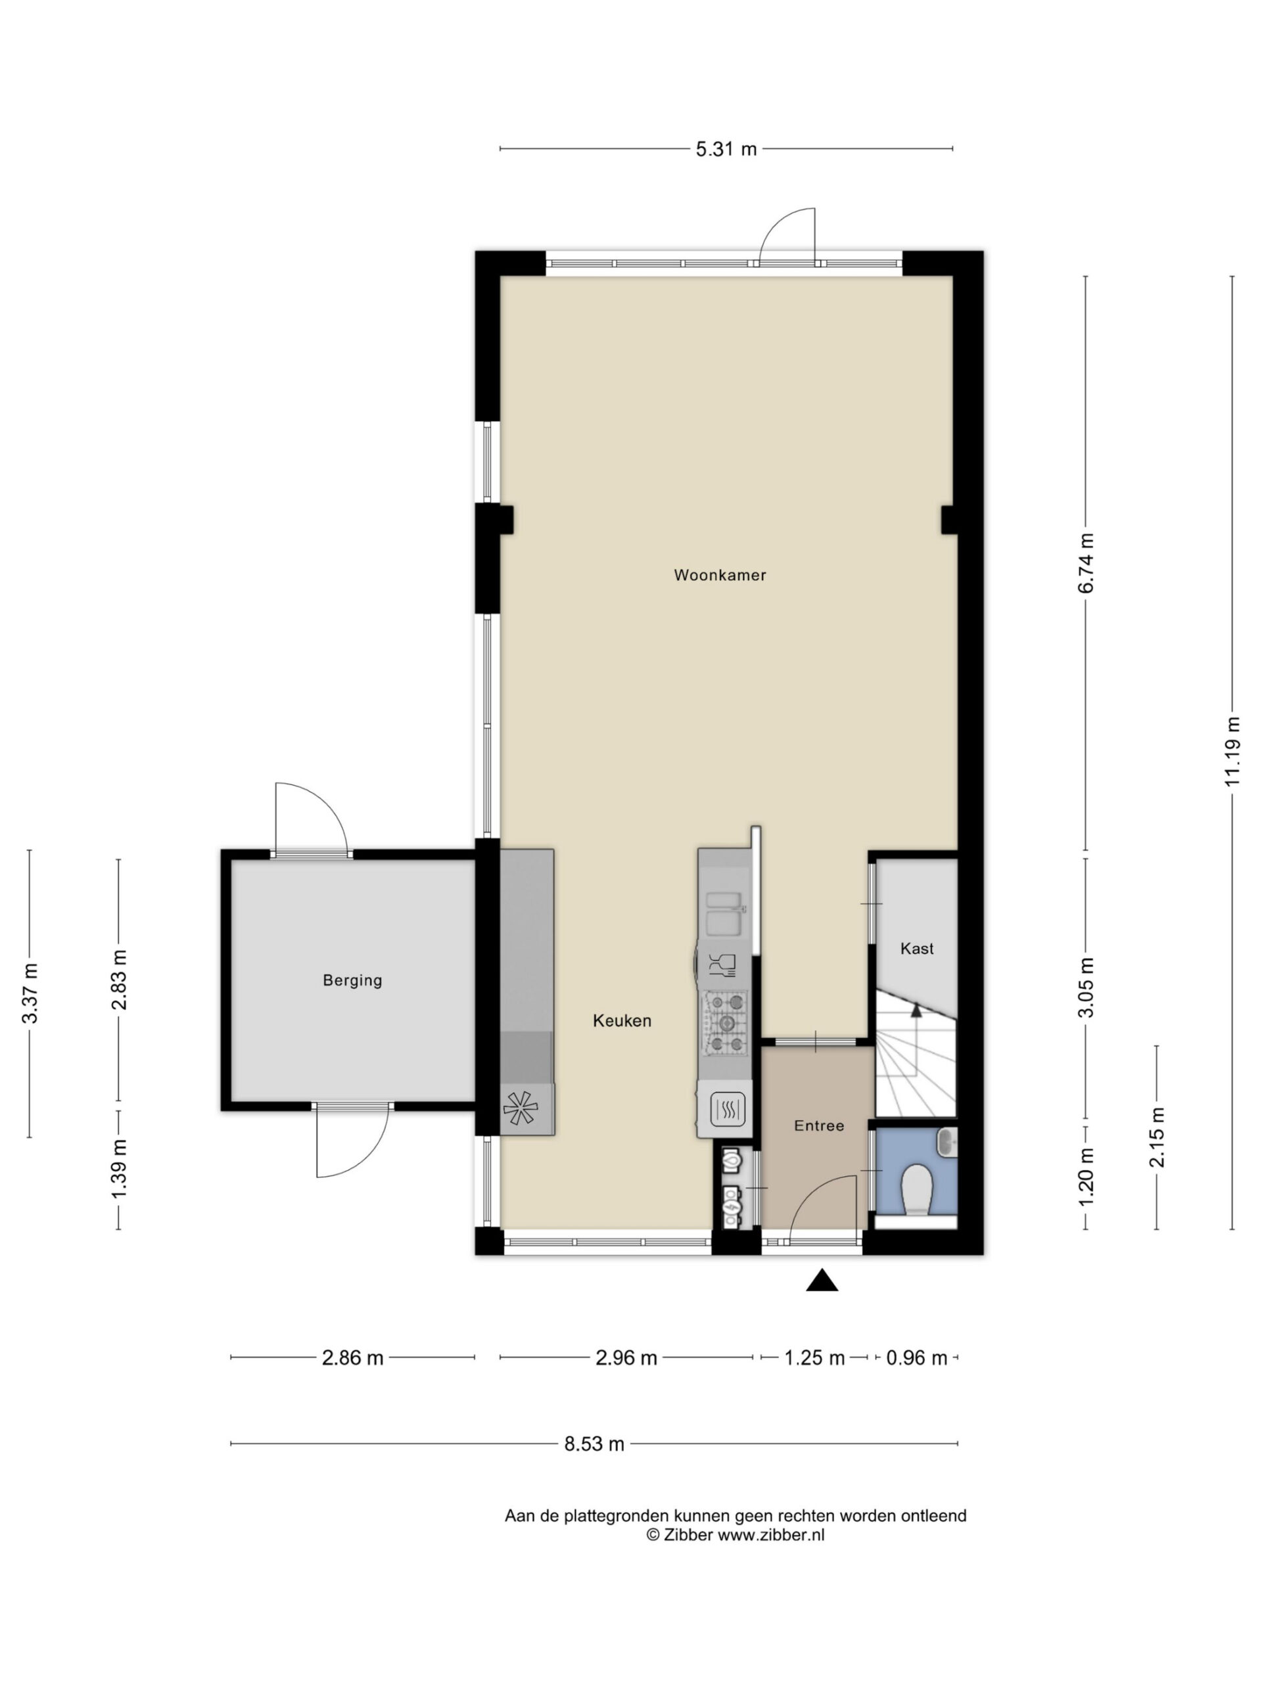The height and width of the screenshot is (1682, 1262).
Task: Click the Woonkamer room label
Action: click(720, 575)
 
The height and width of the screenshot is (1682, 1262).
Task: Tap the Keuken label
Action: click(622, 1020)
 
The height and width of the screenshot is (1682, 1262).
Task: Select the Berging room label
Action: click(352, 980)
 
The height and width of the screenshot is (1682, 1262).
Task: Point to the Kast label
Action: click(917, 948)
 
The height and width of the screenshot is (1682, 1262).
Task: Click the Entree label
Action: click(819, 1125)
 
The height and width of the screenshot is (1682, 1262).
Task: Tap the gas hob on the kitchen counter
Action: click(725, 1024)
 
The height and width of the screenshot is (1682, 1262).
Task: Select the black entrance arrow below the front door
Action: click(822, 1281)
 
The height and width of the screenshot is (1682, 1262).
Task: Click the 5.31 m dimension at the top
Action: click(726, 149)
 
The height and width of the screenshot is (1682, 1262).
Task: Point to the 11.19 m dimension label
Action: click(1233, 751)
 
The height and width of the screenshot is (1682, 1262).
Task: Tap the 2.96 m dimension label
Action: click(626, 1357)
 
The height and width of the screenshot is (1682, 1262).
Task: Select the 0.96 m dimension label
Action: click(917, 1357)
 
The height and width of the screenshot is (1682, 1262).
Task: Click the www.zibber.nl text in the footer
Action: click(770, 1534)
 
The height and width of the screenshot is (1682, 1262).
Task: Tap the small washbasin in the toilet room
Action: click(947, 1140)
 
